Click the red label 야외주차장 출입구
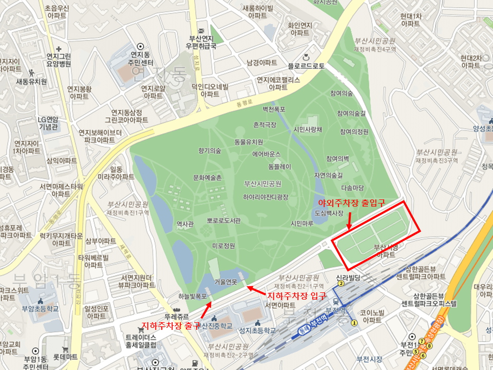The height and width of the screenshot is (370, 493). (351, 202)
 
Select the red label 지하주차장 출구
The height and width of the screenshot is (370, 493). (171, 325)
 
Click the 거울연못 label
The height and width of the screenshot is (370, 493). (226, 282)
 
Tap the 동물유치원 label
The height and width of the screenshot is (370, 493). (249, 142)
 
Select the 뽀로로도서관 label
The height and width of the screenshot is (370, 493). (224, 220)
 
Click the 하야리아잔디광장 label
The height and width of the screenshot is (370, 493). (266, 197)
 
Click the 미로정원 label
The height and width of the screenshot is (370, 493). (223, 246)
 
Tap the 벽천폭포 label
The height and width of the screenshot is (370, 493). (274, 109)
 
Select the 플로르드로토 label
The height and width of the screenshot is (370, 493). (306, 66)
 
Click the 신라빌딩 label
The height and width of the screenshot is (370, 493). (349, 277)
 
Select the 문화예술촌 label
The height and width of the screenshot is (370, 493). (207, 177)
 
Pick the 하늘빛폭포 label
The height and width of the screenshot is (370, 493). (193, 296)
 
